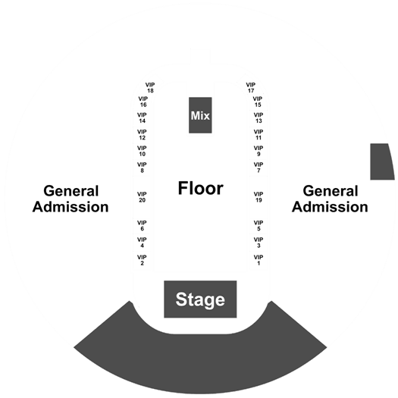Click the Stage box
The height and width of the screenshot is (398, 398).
[x=200, y=299]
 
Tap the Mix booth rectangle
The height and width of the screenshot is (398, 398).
[x=200, y=115]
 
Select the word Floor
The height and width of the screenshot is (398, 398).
[x=201, y=188]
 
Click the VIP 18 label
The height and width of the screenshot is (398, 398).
[x=150, y=88]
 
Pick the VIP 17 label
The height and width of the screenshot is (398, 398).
[x=251, y=88]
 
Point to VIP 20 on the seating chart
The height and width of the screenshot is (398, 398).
[x=142, y=197]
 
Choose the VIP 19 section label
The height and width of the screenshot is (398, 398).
[x=259, y=197]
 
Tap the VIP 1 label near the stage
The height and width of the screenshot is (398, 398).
[x=259, y=260]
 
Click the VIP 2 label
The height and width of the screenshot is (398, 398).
[x=142, y=260]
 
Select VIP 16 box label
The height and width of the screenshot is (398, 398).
[x=143, y=102]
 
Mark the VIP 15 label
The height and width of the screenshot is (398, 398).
[x=258, y=102]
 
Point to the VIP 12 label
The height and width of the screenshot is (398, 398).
[x=142, y=135]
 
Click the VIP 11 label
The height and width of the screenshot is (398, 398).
[x=259, y=135]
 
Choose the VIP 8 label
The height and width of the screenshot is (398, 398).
[x=142, y=168]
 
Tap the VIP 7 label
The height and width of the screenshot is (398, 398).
[x=259, y=168]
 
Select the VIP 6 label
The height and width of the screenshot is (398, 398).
[x=142, y=226]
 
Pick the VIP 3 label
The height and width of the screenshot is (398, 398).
[x=259, y=243]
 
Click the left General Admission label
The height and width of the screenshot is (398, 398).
[x=71, y=199]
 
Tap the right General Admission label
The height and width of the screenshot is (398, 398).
[x=330, y=199]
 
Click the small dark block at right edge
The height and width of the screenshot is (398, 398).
[x=381, y=161]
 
